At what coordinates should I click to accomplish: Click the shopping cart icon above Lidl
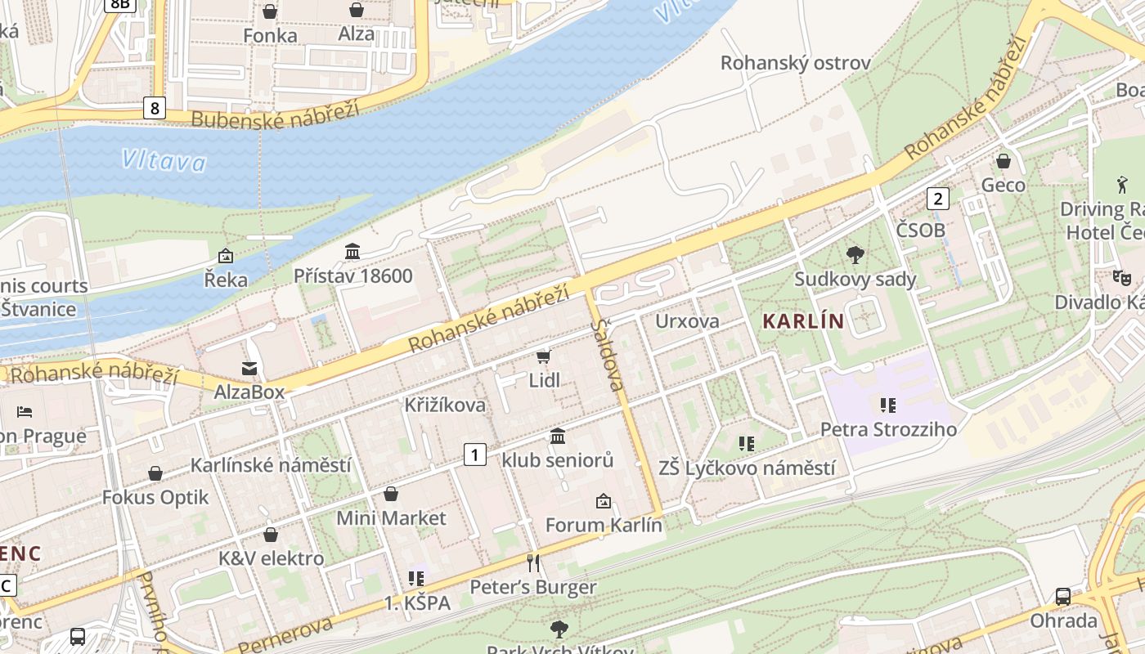[x=543, y=356]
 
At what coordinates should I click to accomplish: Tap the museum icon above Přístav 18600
[x=352, y=251]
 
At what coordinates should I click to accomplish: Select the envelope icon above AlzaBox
[x=249, y=369]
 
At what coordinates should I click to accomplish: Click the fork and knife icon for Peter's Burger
[x=533, y=562]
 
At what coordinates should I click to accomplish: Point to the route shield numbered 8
[x=154, y=107]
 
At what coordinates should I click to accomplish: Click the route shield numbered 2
[x=937, y=198]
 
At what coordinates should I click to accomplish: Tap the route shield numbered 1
[x=474, y=455]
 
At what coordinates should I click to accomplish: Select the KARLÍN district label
[x=802, y=320]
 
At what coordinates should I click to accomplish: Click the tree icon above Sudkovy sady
[x=855, y=255]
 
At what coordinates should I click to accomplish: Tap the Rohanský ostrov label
[x=795, y=63]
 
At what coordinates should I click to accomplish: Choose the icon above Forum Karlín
[x=604, y=500]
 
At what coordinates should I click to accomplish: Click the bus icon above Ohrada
[x=1062, y=597]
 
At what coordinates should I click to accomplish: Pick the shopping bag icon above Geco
[x=1003, y=161]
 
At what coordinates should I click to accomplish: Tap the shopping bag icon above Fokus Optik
[x=155, y=473]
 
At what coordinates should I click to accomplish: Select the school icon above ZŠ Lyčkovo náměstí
[x=746, y=444]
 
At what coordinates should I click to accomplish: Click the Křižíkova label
[x=445, y=405]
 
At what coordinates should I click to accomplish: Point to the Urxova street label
[x=687, y=320]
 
